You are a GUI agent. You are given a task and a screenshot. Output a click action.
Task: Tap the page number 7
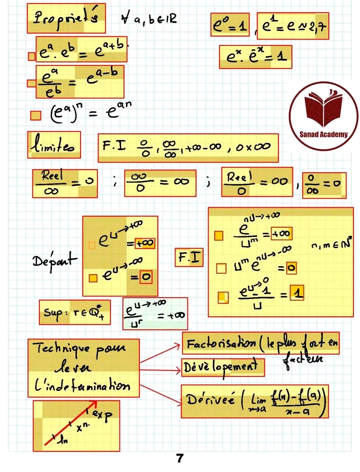[x=179, y=458]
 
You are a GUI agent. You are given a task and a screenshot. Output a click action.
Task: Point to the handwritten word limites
[x=53, y=145]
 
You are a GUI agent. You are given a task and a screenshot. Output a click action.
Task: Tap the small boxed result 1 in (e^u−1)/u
[x=297, y=295]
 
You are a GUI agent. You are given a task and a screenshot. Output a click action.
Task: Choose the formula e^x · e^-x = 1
[x=255, y=57]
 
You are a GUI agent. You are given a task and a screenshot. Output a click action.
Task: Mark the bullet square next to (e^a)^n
[x=35, y=116]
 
